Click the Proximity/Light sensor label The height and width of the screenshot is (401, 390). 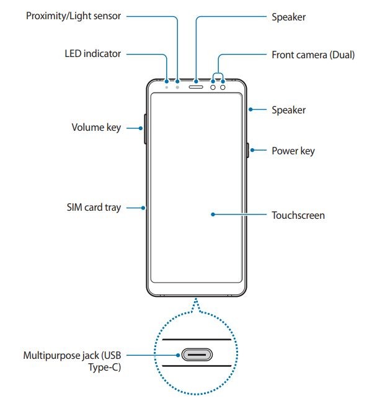point(73,15)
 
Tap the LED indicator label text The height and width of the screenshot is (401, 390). point(92,54)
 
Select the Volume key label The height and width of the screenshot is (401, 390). point(96,128)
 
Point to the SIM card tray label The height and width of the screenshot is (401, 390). point(93,208)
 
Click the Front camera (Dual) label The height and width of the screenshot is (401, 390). point(313,54)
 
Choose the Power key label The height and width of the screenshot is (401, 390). point(293,151)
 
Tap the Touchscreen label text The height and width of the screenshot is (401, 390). point(298,215)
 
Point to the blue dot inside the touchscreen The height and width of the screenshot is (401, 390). point(213,215)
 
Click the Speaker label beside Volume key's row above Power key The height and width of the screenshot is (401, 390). point(288,110)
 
